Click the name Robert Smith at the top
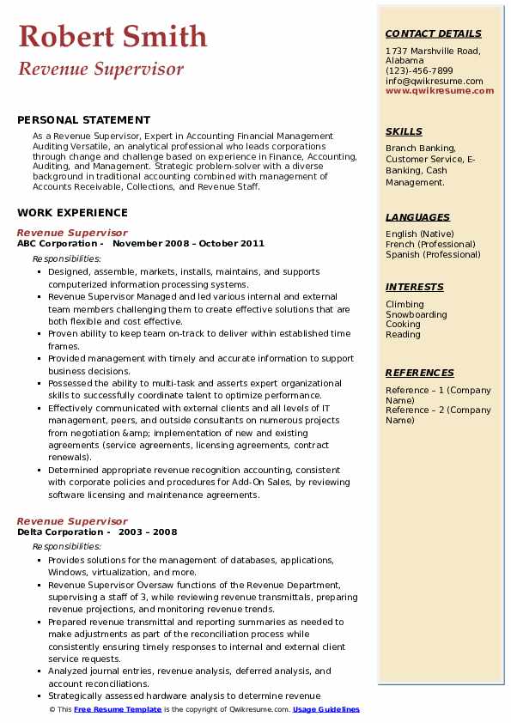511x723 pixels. [x=113, y=36]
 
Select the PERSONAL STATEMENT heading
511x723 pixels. [x=83, y=120]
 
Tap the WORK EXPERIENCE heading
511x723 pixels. [x=72, y=212]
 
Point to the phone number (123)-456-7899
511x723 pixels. [x=419, y=71]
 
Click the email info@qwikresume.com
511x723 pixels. [x=434, y=82]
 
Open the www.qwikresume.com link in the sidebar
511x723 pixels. [x=434, y=91]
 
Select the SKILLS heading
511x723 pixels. [x=404, y=131]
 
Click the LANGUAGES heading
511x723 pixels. [x=417, y=217]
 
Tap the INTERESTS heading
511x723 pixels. [x=415, y=287]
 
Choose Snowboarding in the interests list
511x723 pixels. [x=417, y=314]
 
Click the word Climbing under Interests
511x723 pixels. [x=405, y=304]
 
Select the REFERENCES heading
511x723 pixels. [x=420, y=373]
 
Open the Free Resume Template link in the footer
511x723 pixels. [x=118, y=710]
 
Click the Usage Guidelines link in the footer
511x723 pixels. [x=326, y=710]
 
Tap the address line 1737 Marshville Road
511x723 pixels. [x=432, y=52]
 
